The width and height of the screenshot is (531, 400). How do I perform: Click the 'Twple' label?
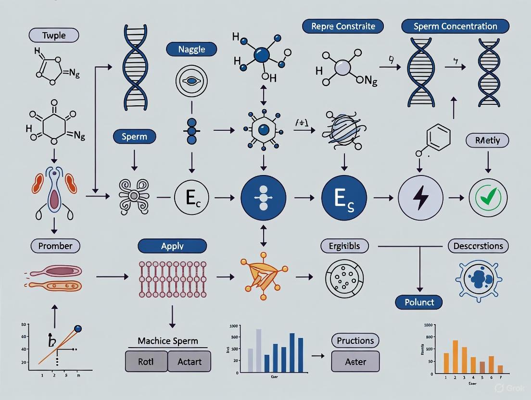[x=53, y=35]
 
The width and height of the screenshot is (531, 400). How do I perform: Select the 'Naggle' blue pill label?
[x=191, y=49]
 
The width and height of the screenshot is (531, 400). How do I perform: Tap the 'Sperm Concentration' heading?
[x=455, y=26]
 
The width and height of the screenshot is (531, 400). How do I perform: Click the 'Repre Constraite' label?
[x=343, y=26]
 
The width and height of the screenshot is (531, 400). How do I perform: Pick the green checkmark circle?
[x=488, y=197]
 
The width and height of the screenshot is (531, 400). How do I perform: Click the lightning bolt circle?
[x=420, y=198]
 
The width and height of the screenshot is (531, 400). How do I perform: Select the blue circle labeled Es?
[x=344, y=198]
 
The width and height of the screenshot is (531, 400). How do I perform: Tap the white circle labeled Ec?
[x=191, y=198]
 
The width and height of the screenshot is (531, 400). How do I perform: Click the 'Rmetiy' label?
[x=487, y=141]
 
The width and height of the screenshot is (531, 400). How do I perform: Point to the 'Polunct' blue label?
[x=418, y=302]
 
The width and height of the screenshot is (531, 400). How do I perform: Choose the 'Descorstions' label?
[x=478, y=246]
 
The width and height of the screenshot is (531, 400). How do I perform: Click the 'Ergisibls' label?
[x=344, y=246]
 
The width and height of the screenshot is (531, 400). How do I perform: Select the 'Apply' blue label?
[x=172, y=246]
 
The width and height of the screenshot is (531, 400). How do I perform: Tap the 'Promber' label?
[x=55, y=246]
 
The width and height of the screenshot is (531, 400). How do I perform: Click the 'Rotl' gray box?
[x=146, y=361]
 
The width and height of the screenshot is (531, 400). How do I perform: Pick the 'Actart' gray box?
[x=190, y=361]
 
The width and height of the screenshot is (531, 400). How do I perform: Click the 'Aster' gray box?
[x=355, y=361]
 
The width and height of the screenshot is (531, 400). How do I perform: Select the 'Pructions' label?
[x=355, y=341]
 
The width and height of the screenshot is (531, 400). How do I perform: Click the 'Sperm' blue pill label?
[x=134, y=137]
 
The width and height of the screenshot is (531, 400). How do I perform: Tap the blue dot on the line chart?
[x=78, y=329]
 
